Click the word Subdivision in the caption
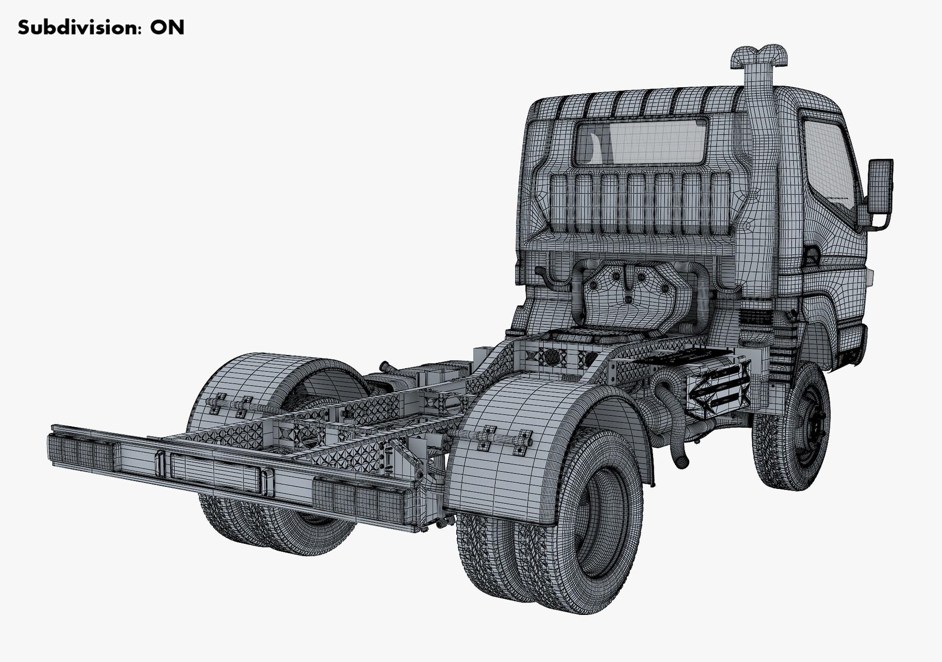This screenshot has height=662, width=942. coord(78,27)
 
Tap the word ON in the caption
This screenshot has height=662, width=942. coord(167,27)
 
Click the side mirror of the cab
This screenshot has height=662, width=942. coord(880,186)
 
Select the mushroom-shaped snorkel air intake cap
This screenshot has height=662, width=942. coord(759,56)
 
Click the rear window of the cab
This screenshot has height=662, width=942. coord(641,142)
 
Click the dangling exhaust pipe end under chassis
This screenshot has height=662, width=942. coord(680,460)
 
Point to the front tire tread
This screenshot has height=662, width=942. coord(769,455)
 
